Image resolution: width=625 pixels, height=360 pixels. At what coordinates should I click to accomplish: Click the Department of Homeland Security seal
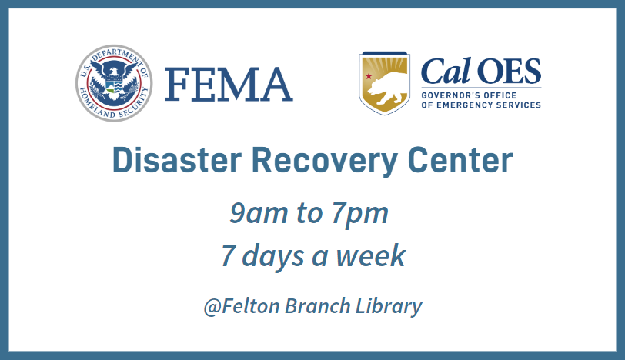coord(114,83)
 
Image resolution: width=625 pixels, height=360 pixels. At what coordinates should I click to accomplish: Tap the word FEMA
coord(229,85)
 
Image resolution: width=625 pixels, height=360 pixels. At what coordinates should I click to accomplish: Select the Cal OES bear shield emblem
coord(384,83)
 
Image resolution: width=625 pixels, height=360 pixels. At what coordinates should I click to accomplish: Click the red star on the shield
coord(369,75)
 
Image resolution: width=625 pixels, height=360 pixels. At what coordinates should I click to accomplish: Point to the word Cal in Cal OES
coord(446,71)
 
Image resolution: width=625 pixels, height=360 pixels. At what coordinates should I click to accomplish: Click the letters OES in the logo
coord(509,72)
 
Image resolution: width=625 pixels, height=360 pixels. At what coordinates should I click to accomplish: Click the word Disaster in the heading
coord(177,160)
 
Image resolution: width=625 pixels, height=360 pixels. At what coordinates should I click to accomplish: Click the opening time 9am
coord(259,213)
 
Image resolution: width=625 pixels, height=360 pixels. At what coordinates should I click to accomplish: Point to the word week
coord(371,255)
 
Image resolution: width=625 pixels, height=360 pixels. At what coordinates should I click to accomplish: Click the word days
coord(273,257)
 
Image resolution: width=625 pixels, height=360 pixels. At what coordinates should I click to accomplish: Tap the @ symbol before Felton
coord(212,307)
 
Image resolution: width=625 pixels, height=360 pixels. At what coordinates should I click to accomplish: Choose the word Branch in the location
coord(317,306)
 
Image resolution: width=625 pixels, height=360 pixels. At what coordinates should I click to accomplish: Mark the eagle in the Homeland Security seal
coord(114,80)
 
